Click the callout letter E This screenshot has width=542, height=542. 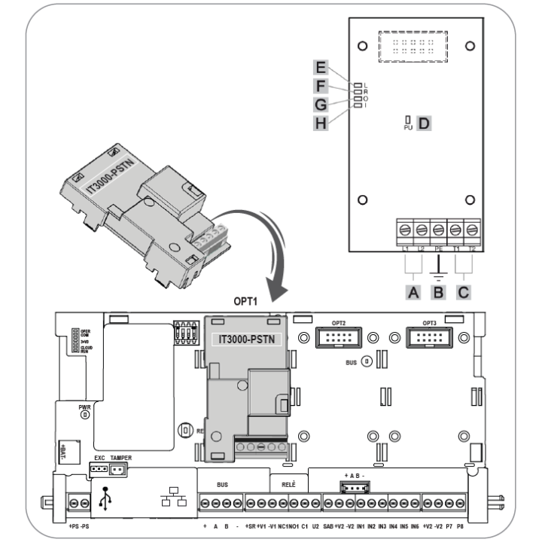322,67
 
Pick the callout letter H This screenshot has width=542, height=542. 322,121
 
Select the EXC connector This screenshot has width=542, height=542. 99,469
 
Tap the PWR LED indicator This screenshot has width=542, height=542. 85,413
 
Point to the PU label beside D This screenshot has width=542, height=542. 406,129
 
